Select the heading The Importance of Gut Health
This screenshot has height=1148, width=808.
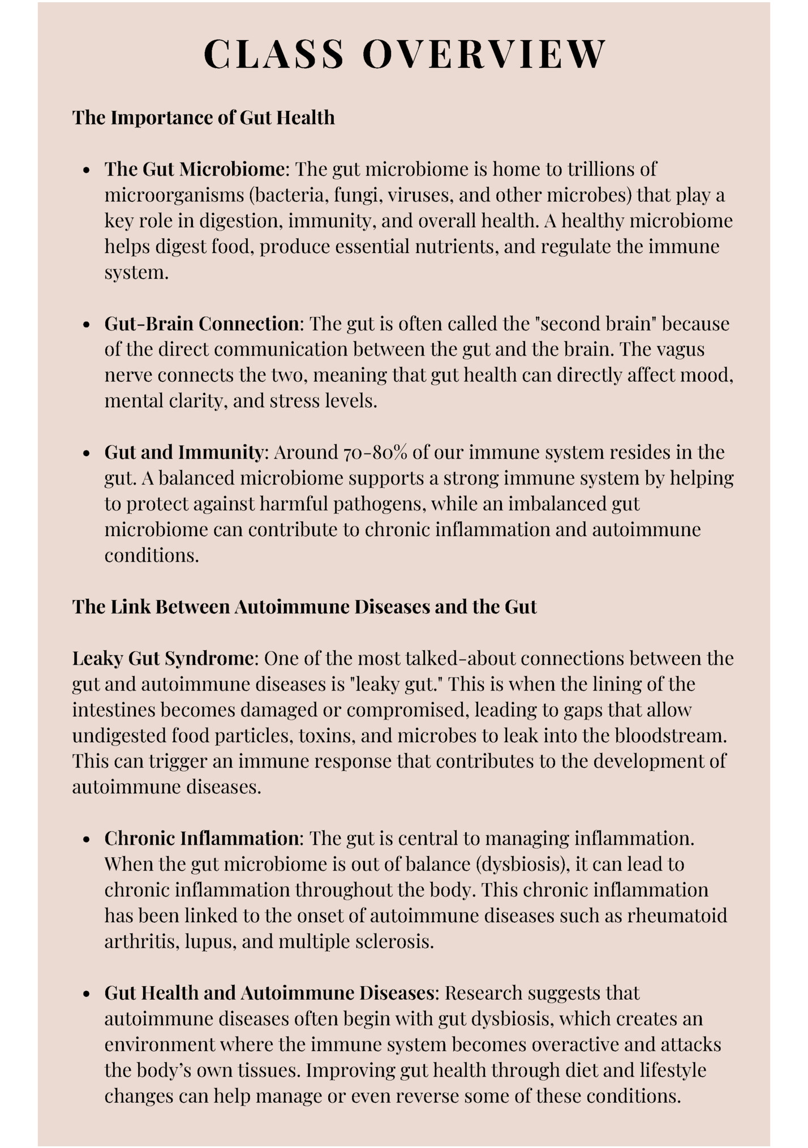click(x=203, y=118)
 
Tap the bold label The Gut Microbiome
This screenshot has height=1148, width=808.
click(x=194, y=169)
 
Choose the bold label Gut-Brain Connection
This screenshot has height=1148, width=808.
click(x=201, y=323)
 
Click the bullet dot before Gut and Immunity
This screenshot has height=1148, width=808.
click(x=86, y=453)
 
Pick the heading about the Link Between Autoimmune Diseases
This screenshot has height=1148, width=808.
click(x=304, y=607)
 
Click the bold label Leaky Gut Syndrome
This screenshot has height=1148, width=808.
click(x=162, y=658)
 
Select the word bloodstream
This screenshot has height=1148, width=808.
click(x=670, y=735)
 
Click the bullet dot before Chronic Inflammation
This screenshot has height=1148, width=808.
click(x=86, y=839)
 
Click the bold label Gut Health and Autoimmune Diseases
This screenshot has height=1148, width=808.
click(x=269, y=993)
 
